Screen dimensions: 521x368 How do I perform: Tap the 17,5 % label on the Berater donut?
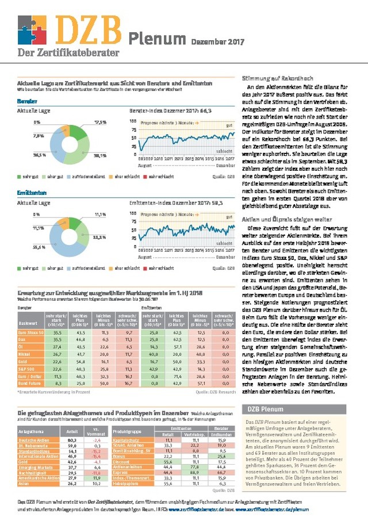(101, 122)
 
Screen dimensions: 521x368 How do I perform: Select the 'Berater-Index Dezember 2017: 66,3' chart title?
(171, 109)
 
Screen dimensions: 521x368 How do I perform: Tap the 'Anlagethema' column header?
(31, 430)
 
